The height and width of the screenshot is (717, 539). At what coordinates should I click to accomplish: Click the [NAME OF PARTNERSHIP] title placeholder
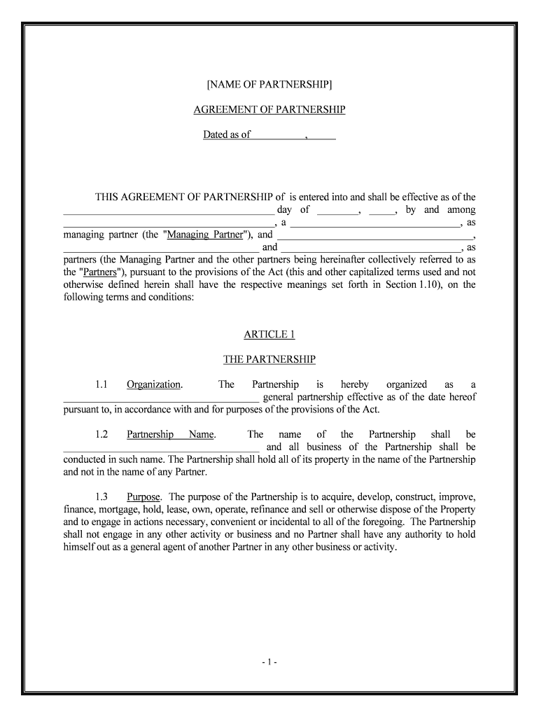coord(269,85)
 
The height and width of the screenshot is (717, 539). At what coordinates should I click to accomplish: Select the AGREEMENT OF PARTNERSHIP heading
coord(269,110)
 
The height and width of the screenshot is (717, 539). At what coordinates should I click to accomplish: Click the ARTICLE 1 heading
coord(269,334)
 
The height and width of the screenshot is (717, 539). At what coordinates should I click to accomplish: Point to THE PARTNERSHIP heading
coord(269,359)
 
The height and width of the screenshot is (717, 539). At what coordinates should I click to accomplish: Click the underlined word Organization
coord(154,384)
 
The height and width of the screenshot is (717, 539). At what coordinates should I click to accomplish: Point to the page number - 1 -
coord(269,660)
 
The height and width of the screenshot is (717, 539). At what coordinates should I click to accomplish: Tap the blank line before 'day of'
coord(168,210)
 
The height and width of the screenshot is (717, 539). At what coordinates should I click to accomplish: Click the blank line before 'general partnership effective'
coord(161,398)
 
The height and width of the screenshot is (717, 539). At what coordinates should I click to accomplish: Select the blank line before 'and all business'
coord(161,447)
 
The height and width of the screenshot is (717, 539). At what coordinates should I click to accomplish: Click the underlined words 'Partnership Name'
coord(171,434)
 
